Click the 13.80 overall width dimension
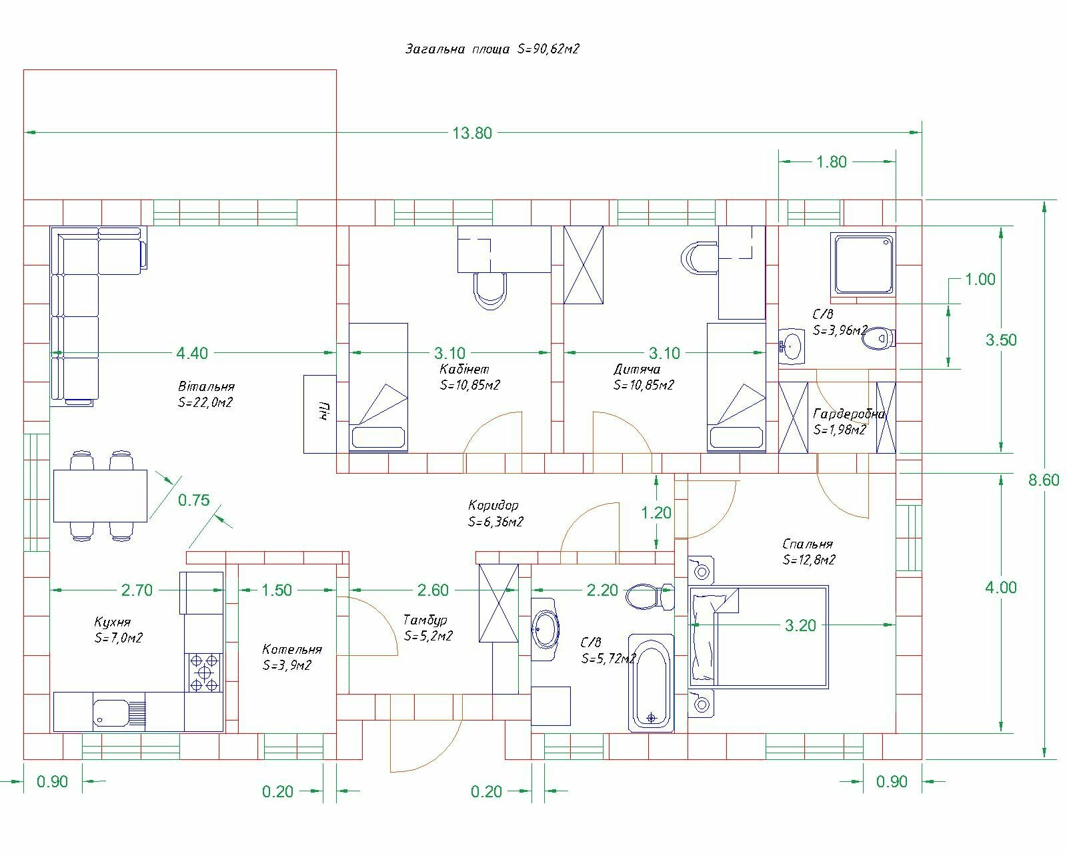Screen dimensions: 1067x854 tap(471, 133)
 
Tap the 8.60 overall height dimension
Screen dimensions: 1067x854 tap(1043, 480)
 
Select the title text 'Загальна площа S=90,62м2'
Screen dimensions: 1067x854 tap(492, 49)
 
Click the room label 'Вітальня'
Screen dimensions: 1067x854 tap(206, 386)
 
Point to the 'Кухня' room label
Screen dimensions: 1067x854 tap(113, 622)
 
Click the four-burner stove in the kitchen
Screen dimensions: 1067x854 tap(204, 673)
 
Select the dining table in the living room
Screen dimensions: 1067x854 tap(100, 496)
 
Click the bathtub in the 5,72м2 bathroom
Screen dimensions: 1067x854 tap(651, 683)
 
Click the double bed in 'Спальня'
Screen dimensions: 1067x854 tap(759, 637)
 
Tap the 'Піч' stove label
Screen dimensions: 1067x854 tap(325, 410)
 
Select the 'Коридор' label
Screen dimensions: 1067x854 tap(493, 505)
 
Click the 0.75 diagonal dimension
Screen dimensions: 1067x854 tap(194, 500)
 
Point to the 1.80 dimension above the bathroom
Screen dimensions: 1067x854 tap(832, 161)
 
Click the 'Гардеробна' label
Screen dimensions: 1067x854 tap(850, 414)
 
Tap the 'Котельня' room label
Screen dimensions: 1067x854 tap(292, 649)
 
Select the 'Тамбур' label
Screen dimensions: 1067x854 tap(425, 620)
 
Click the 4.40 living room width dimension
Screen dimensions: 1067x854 tap(192, 353)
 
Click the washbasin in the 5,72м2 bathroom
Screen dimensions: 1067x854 tap(545, 629)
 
